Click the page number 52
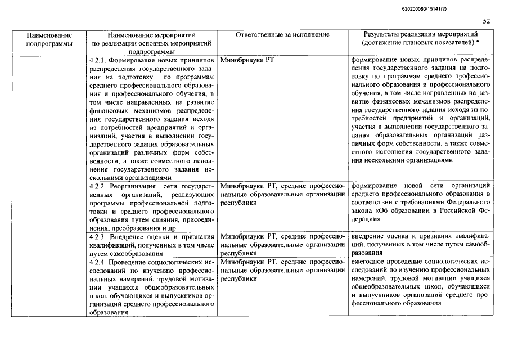pyautogui.click(x=487, y=21)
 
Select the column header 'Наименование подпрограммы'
pyautogui.click(x=49, y=39)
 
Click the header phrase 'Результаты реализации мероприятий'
pyautogui.click(x=420, y=35)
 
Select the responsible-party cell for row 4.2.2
pyautogui.click(x=282, y=194)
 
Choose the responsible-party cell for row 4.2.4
pyautogui.click(x=282, y=271)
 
